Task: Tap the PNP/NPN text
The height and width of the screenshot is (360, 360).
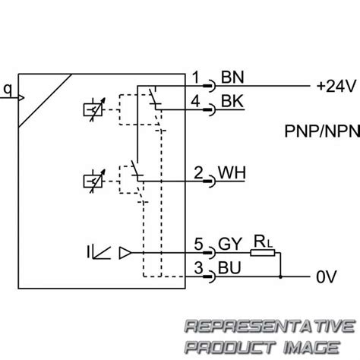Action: coord(312,131)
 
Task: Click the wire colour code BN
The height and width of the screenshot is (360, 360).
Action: coord(230,78)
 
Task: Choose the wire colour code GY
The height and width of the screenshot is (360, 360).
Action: coord(231,245)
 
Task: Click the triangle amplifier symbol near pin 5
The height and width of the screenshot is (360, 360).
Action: coord(126,254)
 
